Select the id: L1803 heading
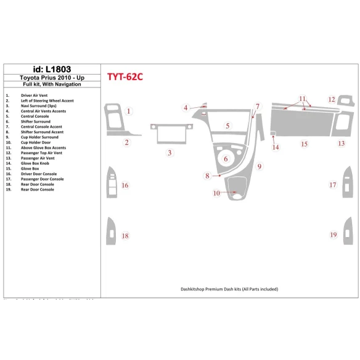click(47, 69)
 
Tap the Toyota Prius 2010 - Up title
click(47, 78)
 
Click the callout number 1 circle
click(128, 111)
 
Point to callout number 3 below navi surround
click(170, 152)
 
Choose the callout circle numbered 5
click(227, 126)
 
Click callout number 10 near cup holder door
click(216, 193)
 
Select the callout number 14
click(276, 147)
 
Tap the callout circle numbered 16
click(125, 185)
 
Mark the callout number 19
click(333, 235)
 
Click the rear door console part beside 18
click(111, 231)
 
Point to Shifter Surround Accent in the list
click(42, 132)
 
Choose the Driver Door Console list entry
click(39, 174)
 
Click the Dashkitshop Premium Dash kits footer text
click(229, 288)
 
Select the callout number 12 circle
click(332, 99)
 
